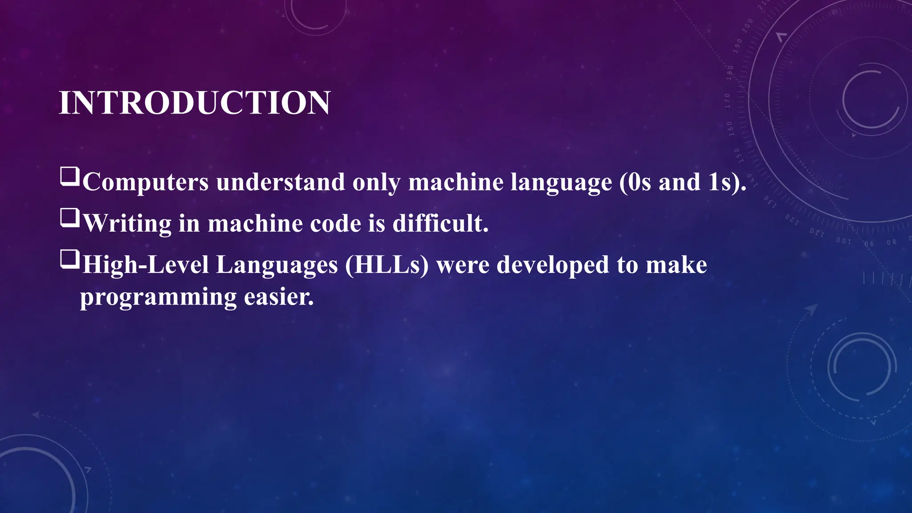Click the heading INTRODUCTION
point(194,103)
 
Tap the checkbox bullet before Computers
point(70,176)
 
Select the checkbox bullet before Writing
point(70,218)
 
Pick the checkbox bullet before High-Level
point(70,259)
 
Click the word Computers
point(146,183)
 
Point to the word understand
point(281,183)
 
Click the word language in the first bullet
point(561,183)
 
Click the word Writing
point(127,224)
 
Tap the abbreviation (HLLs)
point(387,265)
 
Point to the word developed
point(553,265)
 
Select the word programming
point(158,297)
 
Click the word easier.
point(279,297)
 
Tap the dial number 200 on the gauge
point(747,26)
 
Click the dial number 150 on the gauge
point(737,155)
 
